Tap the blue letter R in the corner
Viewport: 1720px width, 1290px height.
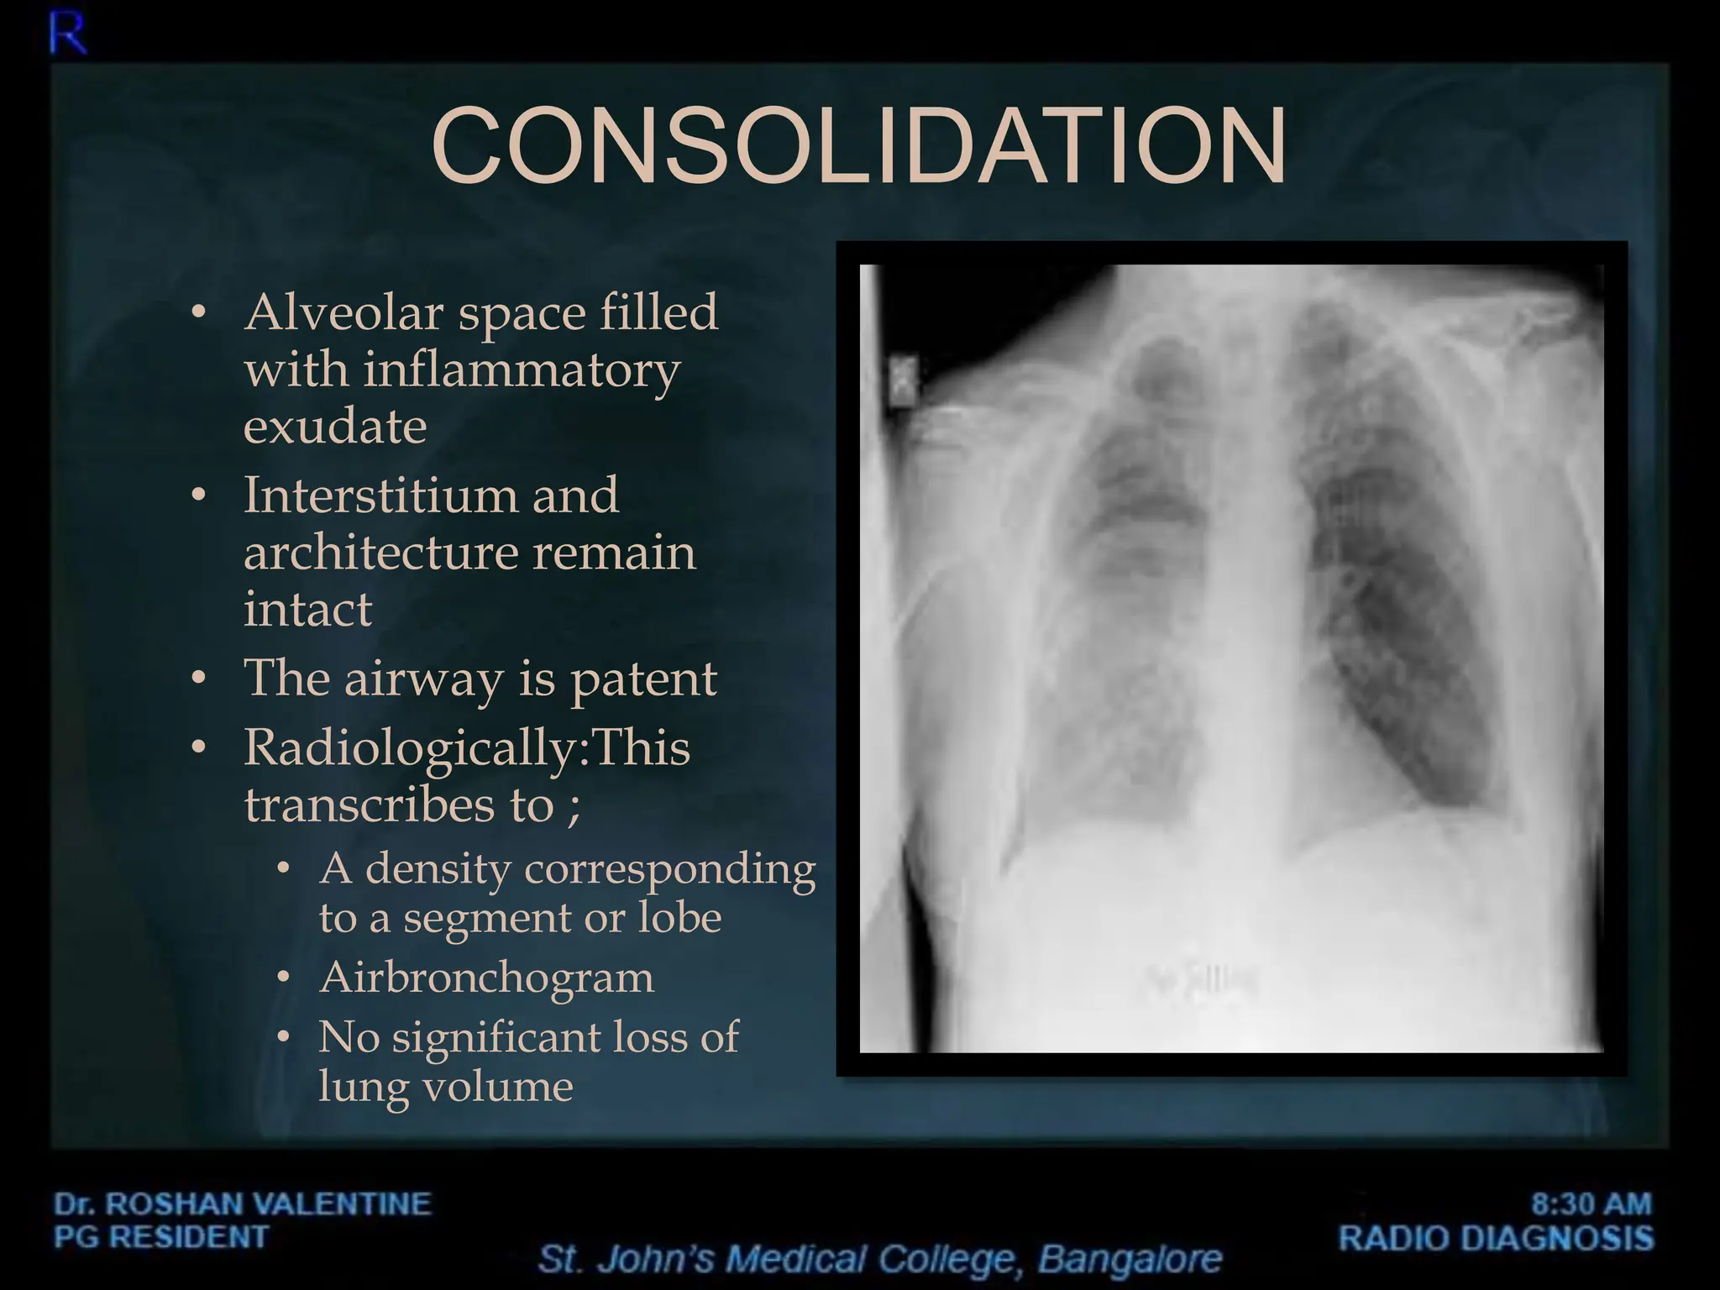67,35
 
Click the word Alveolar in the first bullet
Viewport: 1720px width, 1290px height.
343,312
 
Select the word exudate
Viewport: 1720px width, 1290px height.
335,427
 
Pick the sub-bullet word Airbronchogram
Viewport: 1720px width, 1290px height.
486,978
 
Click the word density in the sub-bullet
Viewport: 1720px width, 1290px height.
438,868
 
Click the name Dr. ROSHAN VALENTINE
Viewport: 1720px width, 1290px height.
243,1203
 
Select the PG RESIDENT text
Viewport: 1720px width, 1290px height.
161,1237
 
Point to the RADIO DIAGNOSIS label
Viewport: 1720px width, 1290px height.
1496,1239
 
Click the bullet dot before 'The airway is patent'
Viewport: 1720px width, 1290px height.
198,678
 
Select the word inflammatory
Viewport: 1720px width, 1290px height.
521,370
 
